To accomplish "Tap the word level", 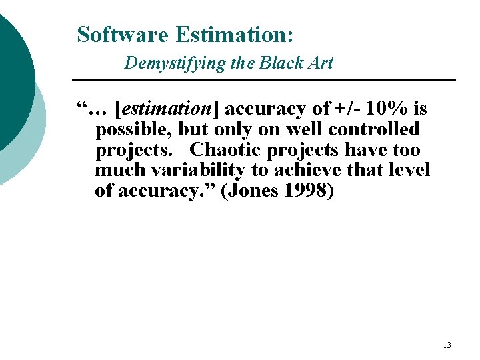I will point(409,170).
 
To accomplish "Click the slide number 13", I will point(447,345).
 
